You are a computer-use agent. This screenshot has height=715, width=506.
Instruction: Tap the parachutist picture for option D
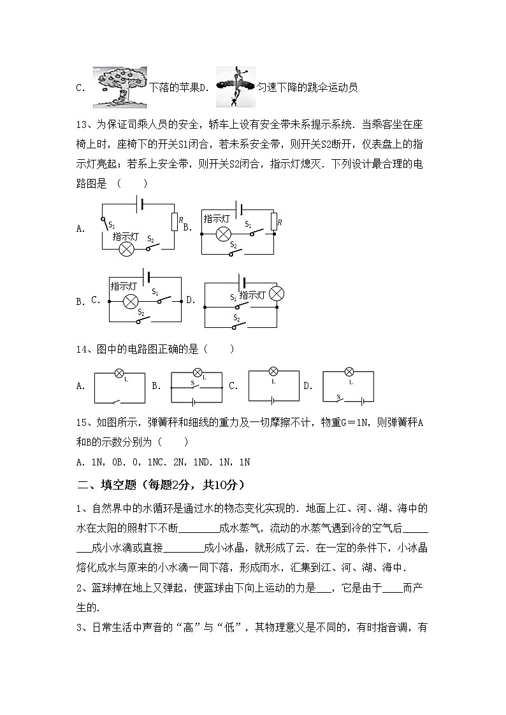pos(235,87)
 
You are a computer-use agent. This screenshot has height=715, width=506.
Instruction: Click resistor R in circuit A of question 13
pos(173,221)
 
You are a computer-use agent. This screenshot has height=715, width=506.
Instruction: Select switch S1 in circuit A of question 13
pos(105,223)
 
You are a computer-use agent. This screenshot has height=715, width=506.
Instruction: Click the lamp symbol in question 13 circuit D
pos(276,294)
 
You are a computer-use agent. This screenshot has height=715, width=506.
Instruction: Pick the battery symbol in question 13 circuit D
pos(242,281)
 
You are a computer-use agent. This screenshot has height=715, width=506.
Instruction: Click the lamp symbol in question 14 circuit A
pos(119,373)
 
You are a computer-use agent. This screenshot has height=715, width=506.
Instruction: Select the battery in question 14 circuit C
pos(273,400)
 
